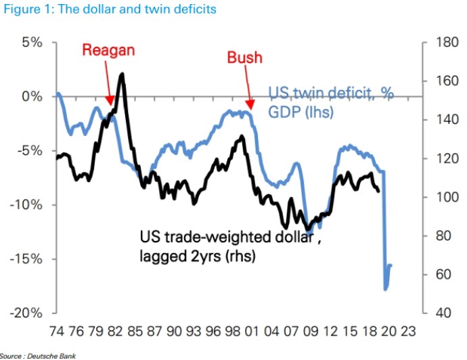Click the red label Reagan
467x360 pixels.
pyautogui.click(x=108, y=50)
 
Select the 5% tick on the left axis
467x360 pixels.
pyautogui.click(x=29, y=42)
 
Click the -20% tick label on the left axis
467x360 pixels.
pyautogui.click(x=25, y=313)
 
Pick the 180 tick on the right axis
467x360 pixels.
pyautogui.click(x=439, y=42)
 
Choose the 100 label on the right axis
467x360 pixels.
pyautogui.click(x=439, y=197)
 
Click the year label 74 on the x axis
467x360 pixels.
pyautogui.click(x=57, y=332)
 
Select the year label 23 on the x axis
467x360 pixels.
pyautogui.click(x=407, y=332)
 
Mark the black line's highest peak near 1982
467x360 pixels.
pyautogui.click(x=122, y=74)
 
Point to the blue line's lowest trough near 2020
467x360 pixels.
pyautogui.click(x=386, y=290)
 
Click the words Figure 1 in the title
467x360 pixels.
pyautogui.click(x=28, y=9)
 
